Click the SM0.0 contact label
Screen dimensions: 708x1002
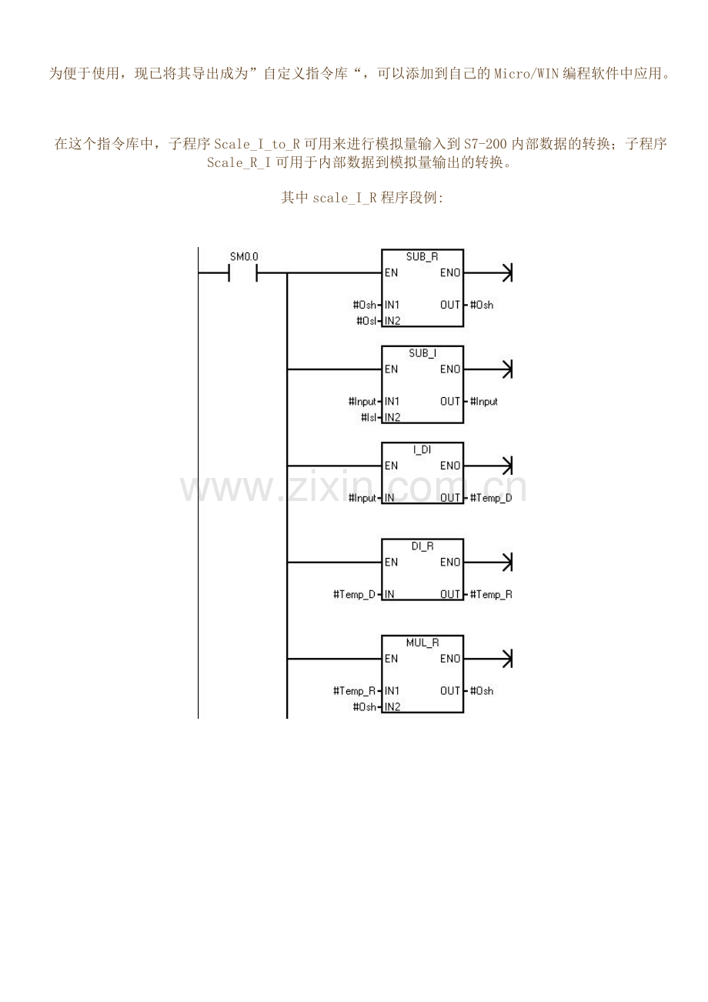(244, 257)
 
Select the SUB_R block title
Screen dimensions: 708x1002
(422, 257)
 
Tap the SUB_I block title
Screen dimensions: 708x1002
(422, 353)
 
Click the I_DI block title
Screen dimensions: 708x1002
(422, 449)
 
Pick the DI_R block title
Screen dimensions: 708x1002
(422, 546)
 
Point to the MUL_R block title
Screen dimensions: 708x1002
(422, 643)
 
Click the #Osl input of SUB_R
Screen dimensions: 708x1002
(366, 321)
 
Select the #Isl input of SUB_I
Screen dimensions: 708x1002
(368, 417)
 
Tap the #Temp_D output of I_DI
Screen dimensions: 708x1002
(491, 498)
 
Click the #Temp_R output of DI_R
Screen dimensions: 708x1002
(491, 594)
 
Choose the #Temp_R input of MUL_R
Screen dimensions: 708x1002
(354, 691)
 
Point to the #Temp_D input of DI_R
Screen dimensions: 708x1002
(354, 594)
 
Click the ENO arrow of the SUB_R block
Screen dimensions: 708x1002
(488, 273)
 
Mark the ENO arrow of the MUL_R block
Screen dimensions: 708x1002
(488, 659)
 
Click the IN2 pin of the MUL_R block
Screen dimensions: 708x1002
(392, 706)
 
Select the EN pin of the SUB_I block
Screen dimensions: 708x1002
(391, 369)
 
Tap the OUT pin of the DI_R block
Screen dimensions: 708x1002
(450, 594)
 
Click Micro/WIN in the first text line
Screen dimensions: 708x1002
(526, 73)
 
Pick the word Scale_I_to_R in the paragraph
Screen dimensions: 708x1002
(257, 144)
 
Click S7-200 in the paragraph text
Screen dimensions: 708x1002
(486, 144)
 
